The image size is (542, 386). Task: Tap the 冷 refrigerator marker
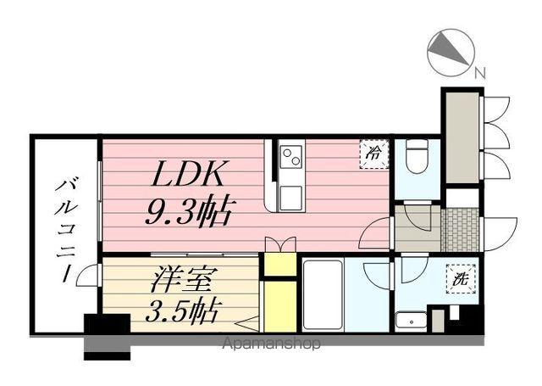click(373, 153)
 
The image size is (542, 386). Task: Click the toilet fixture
click(415, 158)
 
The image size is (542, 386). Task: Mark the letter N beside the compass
click(480, 74)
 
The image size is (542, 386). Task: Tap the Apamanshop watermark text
click(271, 344)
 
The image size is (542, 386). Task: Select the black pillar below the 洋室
click(107, 327)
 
